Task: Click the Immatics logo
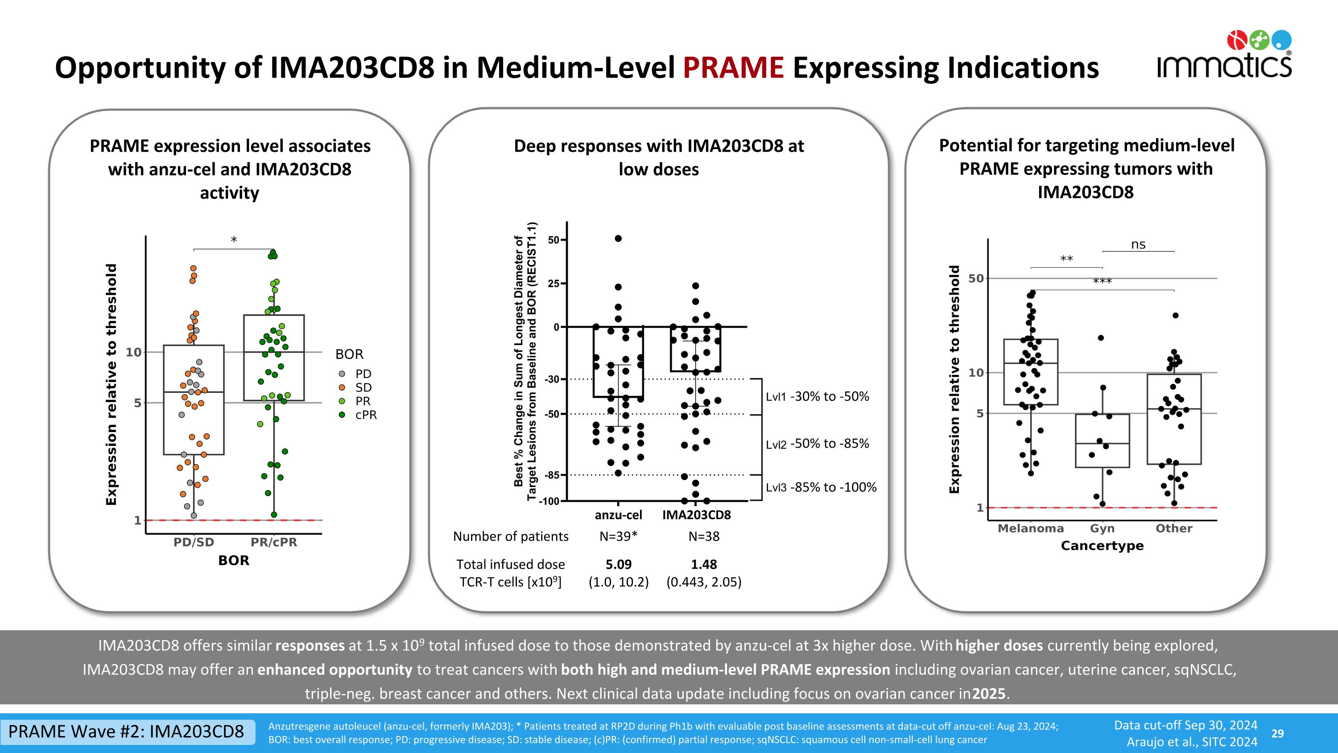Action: (x=1224, y=56)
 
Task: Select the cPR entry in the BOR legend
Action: (x=366, y=415)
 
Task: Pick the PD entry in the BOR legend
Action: (x=363, y=374)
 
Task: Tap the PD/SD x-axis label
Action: (x=193, y=542)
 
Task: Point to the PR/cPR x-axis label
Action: (x=274, y=542)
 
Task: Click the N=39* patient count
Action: (x=618, y=537)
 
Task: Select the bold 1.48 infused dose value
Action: (x=704, y=564)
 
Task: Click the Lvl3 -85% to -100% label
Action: (x=821, y=487)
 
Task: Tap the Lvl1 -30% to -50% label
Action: (x=817, y=396)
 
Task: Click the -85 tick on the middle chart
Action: (x=551, y=475)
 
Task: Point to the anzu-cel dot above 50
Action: (x=618, y=238)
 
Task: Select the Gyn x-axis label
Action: (x=1102, y=528)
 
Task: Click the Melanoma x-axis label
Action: (x=1031, y=528)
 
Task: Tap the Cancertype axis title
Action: (x=1102, y=545)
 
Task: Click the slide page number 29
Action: (x=1277, y=733)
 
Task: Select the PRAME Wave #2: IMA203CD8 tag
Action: (x=126, y=731)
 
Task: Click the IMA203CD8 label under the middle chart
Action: (x=696, y=515)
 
